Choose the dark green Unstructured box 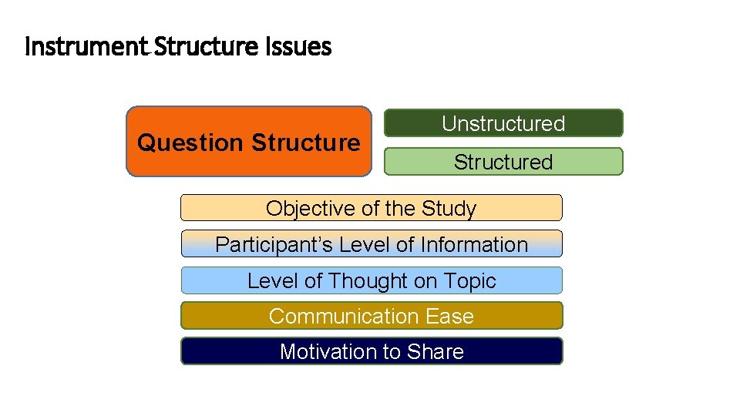coord(503,123)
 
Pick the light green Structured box coord(503,162)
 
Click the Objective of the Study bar coord(371,208)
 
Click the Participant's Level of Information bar coord(371,244)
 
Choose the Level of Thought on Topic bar coord(371,280)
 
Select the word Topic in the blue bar coord(469,280)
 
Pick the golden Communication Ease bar coord(371,316)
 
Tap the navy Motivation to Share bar coord(371,351)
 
